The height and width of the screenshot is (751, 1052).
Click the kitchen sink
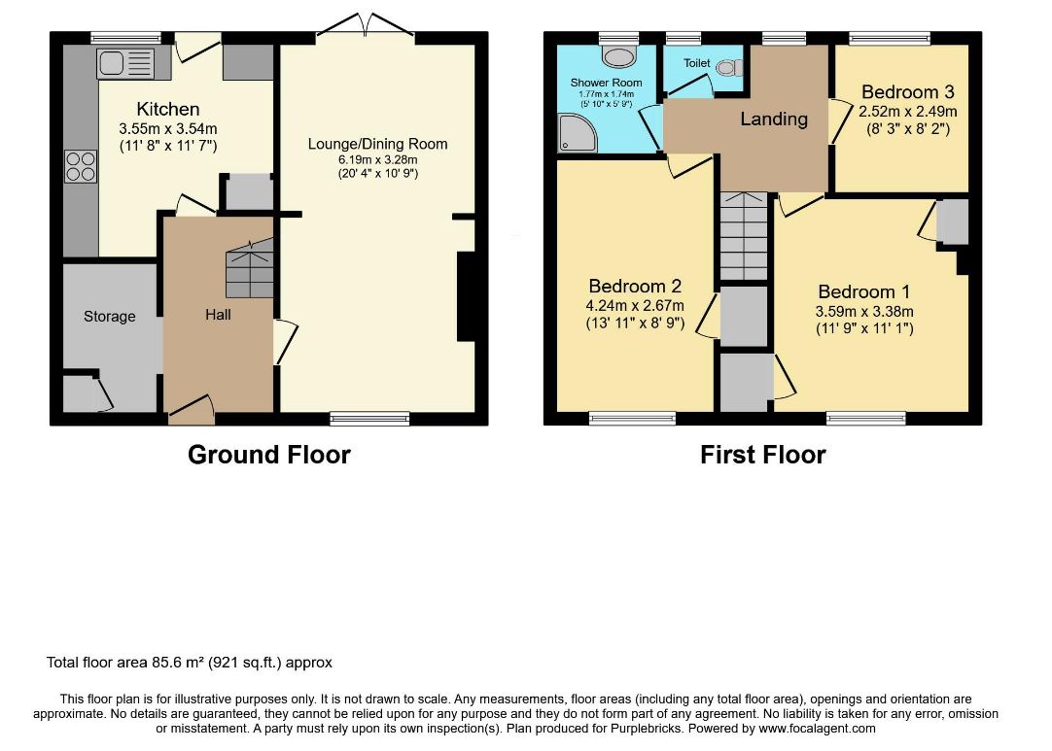(125, 64)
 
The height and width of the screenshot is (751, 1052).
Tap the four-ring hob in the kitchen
(81, 167)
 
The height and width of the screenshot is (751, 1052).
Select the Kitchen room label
(168, 109)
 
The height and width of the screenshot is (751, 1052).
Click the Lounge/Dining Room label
(377, 144)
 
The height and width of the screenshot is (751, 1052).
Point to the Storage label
(109, 317)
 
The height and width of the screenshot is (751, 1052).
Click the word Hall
(218, 315)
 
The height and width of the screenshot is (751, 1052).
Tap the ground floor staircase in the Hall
(250, 268)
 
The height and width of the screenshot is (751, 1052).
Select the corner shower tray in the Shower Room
(577, 132)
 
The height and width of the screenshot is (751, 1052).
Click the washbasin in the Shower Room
(618, 56)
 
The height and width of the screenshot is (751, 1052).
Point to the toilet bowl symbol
(729, 67)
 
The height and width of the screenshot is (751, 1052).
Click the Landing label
(774, 119)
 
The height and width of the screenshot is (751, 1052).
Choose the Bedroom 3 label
(908, 92)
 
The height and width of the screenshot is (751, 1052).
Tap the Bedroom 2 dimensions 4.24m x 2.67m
(635, 306)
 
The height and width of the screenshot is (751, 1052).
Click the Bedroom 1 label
(864, 291)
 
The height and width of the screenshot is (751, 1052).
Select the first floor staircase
(744, 236)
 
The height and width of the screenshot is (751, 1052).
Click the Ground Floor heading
(269, 455)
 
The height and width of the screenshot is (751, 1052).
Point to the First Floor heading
(763, 455)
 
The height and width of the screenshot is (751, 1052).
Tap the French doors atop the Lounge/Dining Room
(366, 26)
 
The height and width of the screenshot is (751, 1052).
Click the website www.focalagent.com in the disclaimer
(817, 729)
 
